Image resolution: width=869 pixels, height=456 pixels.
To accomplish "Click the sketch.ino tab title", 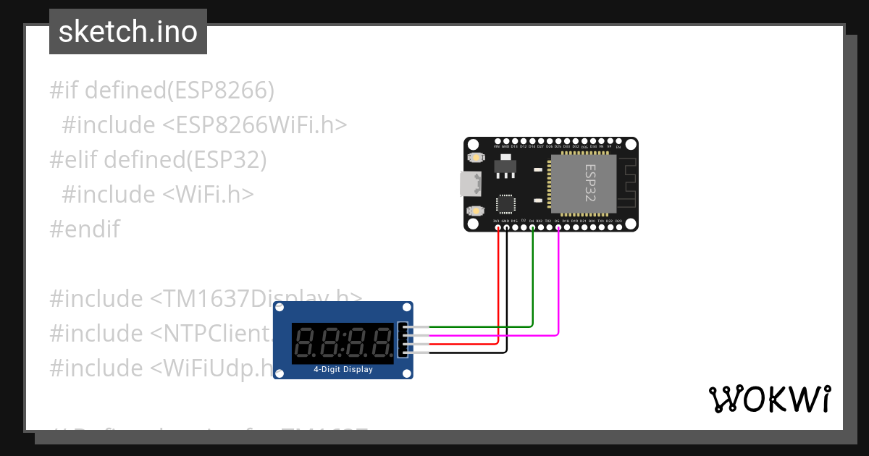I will pyautogui.click(x=128, y=32).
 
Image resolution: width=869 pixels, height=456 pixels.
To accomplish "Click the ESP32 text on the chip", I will pyautogui.click(x=590, y=183).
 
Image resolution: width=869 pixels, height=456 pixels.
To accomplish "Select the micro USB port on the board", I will pyautogui.click(x=470, y=185).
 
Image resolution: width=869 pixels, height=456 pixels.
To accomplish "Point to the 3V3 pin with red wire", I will pyautogui.click(x=498, y=228).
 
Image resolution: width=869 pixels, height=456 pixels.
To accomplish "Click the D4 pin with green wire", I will pyautogui.click(x=532, y=228).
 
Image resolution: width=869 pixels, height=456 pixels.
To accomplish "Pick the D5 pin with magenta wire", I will pyautogui.click(x=558, y=228).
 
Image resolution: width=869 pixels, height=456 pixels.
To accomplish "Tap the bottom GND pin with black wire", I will pyautogui.click(x=506, y=228).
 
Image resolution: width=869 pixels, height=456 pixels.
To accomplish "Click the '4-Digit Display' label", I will pyautogui.click(x=343, y=369).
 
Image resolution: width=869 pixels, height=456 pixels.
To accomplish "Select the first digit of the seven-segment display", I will pyautogui.click(x=306, y=343).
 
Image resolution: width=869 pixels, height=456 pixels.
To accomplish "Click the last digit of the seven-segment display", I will pyautogui.click(x=379, y=343).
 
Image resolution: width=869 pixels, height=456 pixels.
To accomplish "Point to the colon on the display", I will pyautogui.click(x=343, y=343).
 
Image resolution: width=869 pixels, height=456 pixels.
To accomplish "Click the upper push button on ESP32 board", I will pyautogui.click(x=475, y=157).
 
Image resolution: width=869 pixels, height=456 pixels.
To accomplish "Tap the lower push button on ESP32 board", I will pyautogui.click(x=475, y=211).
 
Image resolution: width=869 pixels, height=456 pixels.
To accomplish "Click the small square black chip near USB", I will pyautogui.click(x=505, y=203).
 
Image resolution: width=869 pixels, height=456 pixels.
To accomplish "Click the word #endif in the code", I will pyautogui.click(x=85, y=229).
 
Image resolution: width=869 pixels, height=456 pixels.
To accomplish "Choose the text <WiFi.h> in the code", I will pyautogui.click(x=207, y=195).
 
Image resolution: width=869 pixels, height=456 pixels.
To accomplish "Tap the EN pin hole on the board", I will pyautogui.click(x=618, y=142).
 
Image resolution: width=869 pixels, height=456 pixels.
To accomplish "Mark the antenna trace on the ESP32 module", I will pyautogui.click(x=626, y=185).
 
